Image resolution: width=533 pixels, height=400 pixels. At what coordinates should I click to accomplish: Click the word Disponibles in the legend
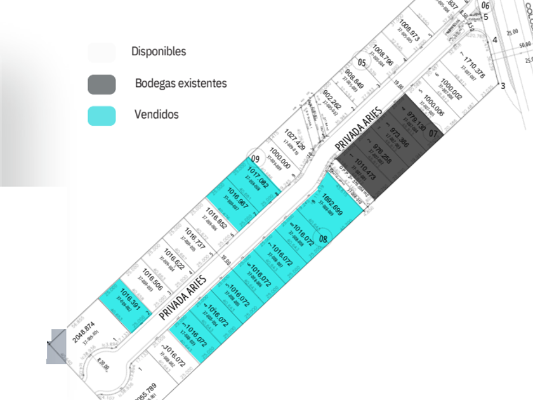coord(159,51)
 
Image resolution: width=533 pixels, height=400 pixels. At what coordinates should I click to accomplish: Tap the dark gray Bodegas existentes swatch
coord(102,84)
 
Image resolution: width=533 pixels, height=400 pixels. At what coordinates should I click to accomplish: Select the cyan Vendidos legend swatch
coord(102,116)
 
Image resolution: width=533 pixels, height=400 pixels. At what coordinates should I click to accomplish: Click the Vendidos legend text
coord(156,115)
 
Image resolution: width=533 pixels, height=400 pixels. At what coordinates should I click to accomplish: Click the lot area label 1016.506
coord(151,278)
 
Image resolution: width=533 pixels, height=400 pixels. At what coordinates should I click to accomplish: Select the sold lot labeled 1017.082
coord(258,177)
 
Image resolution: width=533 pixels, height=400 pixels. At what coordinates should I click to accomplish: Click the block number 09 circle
coord(256,159)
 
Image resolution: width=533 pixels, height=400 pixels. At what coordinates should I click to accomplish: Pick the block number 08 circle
coord(324,239)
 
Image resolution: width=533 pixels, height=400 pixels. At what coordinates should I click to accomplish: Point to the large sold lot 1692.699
coord(332,204)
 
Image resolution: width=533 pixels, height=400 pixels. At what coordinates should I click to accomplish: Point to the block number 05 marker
coord(362,62)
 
